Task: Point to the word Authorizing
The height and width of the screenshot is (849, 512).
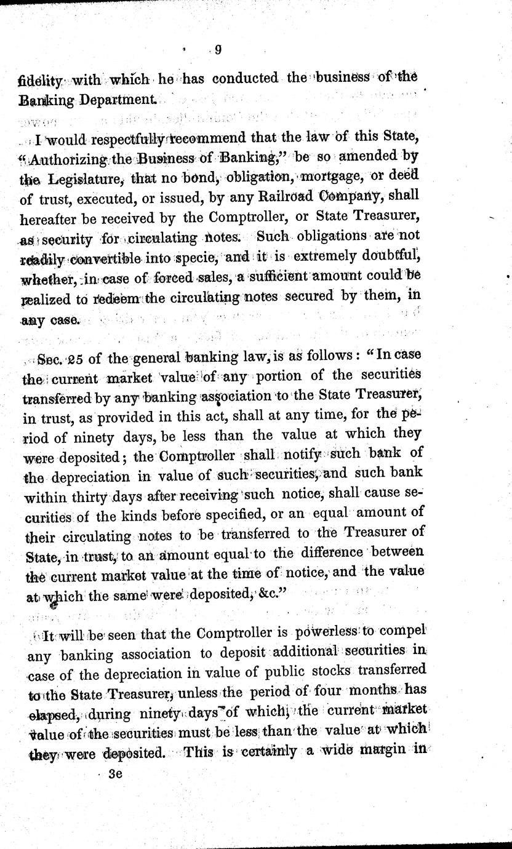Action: [70, 157]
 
